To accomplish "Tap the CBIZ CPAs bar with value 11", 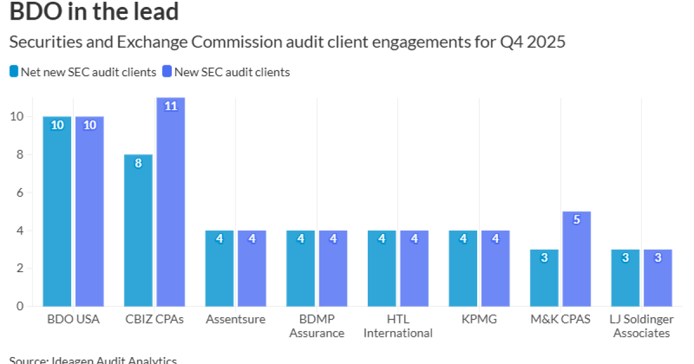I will (171, 202).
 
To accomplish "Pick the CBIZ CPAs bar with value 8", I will (138, 231).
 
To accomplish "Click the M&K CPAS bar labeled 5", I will (577, 260).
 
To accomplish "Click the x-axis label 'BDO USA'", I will (73, 320).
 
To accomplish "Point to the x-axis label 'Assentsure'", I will (235, 320).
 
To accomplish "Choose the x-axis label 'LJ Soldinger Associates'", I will (641, 326).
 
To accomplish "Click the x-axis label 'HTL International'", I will (398, 326).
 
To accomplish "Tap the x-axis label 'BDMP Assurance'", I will (316, 326).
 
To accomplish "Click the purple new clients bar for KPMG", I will (495, 269).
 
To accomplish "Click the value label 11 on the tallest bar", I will (171, 106).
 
